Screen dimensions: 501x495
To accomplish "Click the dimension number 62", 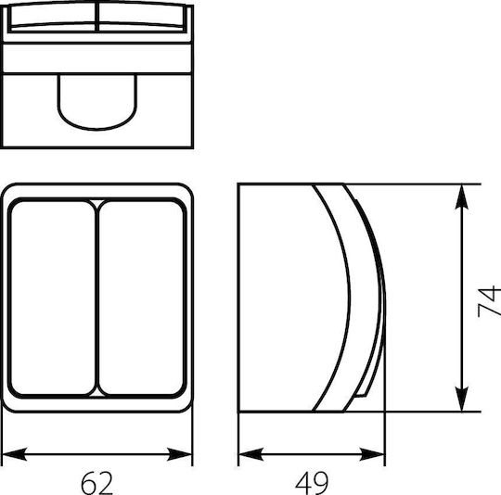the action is tap(96, 483).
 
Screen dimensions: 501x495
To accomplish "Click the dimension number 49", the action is tap(312, 483).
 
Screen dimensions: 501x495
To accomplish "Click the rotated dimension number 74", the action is tap(489, 301).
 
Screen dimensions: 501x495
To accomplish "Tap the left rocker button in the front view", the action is tap(53, 298).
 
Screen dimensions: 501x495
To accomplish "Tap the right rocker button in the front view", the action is tap(141, 298).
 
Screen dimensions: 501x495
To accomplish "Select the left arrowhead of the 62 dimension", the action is tap(14, 454).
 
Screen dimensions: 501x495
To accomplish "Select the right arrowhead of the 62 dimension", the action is tap(180, 454).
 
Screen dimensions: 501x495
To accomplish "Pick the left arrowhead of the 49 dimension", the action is tap(251, 454).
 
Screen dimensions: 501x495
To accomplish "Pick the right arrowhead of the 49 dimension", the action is tap(372, 454).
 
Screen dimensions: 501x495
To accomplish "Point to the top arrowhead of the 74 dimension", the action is tap(462, 197).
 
